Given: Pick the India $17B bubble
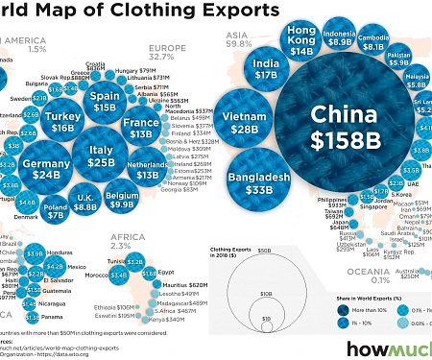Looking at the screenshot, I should [x=267, y=68].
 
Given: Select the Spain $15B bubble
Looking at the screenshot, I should [x=104, y=101].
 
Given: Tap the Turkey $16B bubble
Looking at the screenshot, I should [x=63, y=121].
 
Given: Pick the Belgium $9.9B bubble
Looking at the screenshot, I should [x=121, y=197].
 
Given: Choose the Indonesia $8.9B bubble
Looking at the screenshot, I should [x=367, y=38].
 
